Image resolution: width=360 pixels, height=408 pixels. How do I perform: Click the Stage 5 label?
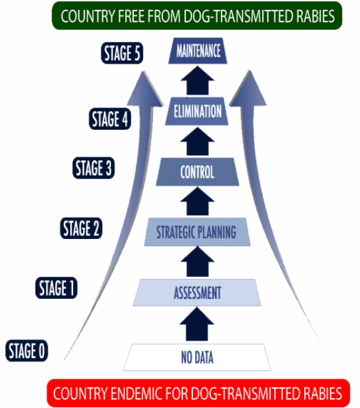[122, 53]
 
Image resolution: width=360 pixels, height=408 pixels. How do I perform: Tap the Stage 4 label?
[110, 118]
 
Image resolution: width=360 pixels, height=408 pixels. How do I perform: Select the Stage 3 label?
[93, 168]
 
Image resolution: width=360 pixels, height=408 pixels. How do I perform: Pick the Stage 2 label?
[81, 228]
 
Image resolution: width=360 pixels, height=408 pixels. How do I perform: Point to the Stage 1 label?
[56, 288]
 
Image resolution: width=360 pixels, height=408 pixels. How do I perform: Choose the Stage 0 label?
[27, 351]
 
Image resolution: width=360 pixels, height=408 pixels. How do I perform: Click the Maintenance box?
[198, 51]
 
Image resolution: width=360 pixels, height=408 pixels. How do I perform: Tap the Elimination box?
[197, 111]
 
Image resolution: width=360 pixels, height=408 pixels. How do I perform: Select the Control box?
[198, 172]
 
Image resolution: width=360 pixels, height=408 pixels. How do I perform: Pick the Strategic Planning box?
[197, 232]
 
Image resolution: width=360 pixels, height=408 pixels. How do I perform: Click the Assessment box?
[197, 292]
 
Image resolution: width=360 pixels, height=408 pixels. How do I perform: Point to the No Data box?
[197, 357]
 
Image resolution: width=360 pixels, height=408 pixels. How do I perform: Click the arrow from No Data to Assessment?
[197, 324]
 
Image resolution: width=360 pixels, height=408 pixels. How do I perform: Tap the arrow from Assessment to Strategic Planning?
[198, 262]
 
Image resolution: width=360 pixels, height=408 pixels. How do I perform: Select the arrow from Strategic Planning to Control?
[198, 201]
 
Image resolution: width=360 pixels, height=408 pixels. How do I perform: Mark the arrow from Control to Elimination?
[198, 141]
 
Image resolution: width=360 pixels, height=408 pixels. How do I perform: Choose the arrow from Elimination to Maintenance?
[198, 80]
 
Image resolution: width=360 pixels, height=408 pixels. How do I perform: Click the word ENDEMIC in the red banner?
[136, 393]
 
